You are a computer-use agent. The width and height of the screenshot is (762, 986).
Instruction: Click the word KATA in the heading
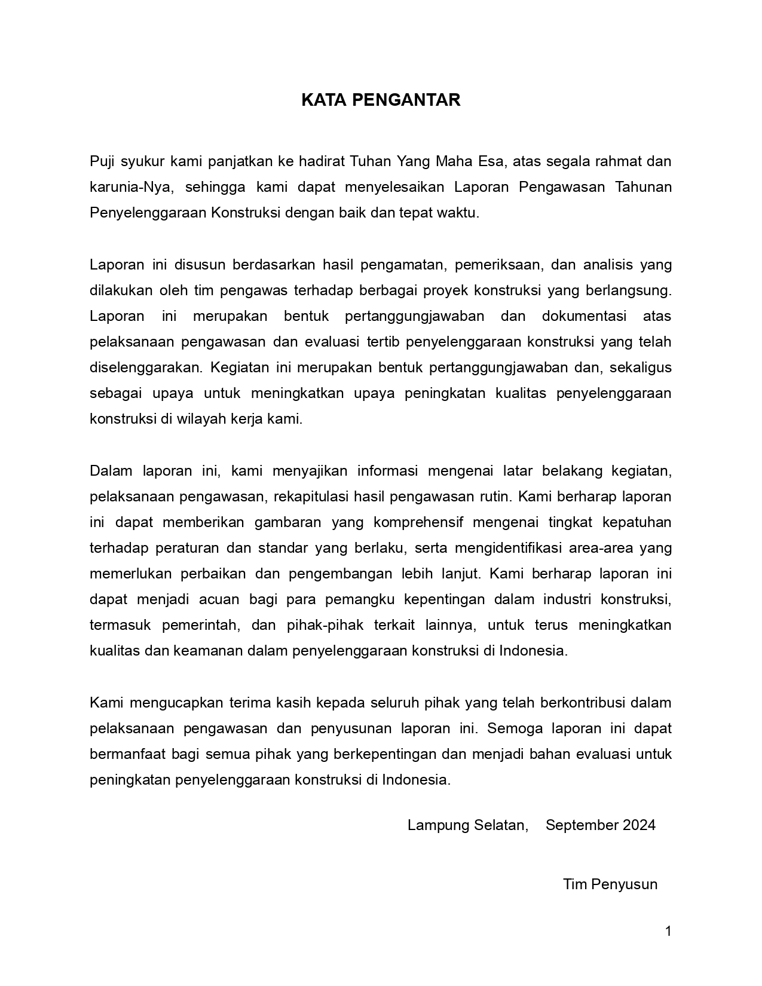point(320,100)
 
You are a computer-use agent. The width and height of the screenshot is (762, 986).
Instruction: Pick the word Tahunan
point(643,187)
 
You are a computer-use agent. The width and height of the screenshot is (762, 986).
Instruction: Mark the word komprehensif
point(418,522)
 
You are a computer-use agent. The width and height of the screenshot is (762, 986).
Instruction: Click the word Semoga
point(515,728)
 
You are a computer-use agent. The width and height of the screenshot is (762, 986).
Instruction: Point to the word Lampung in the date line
point(438,825)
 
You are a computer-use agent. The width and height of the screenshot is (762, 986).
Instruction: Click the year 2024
point(639,825)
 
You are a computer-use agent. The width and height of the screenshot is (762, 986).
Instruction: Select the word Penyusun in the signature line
point(625,884)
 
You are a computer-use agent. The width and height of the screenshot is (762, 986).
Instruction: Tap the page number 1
point(668,931)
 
